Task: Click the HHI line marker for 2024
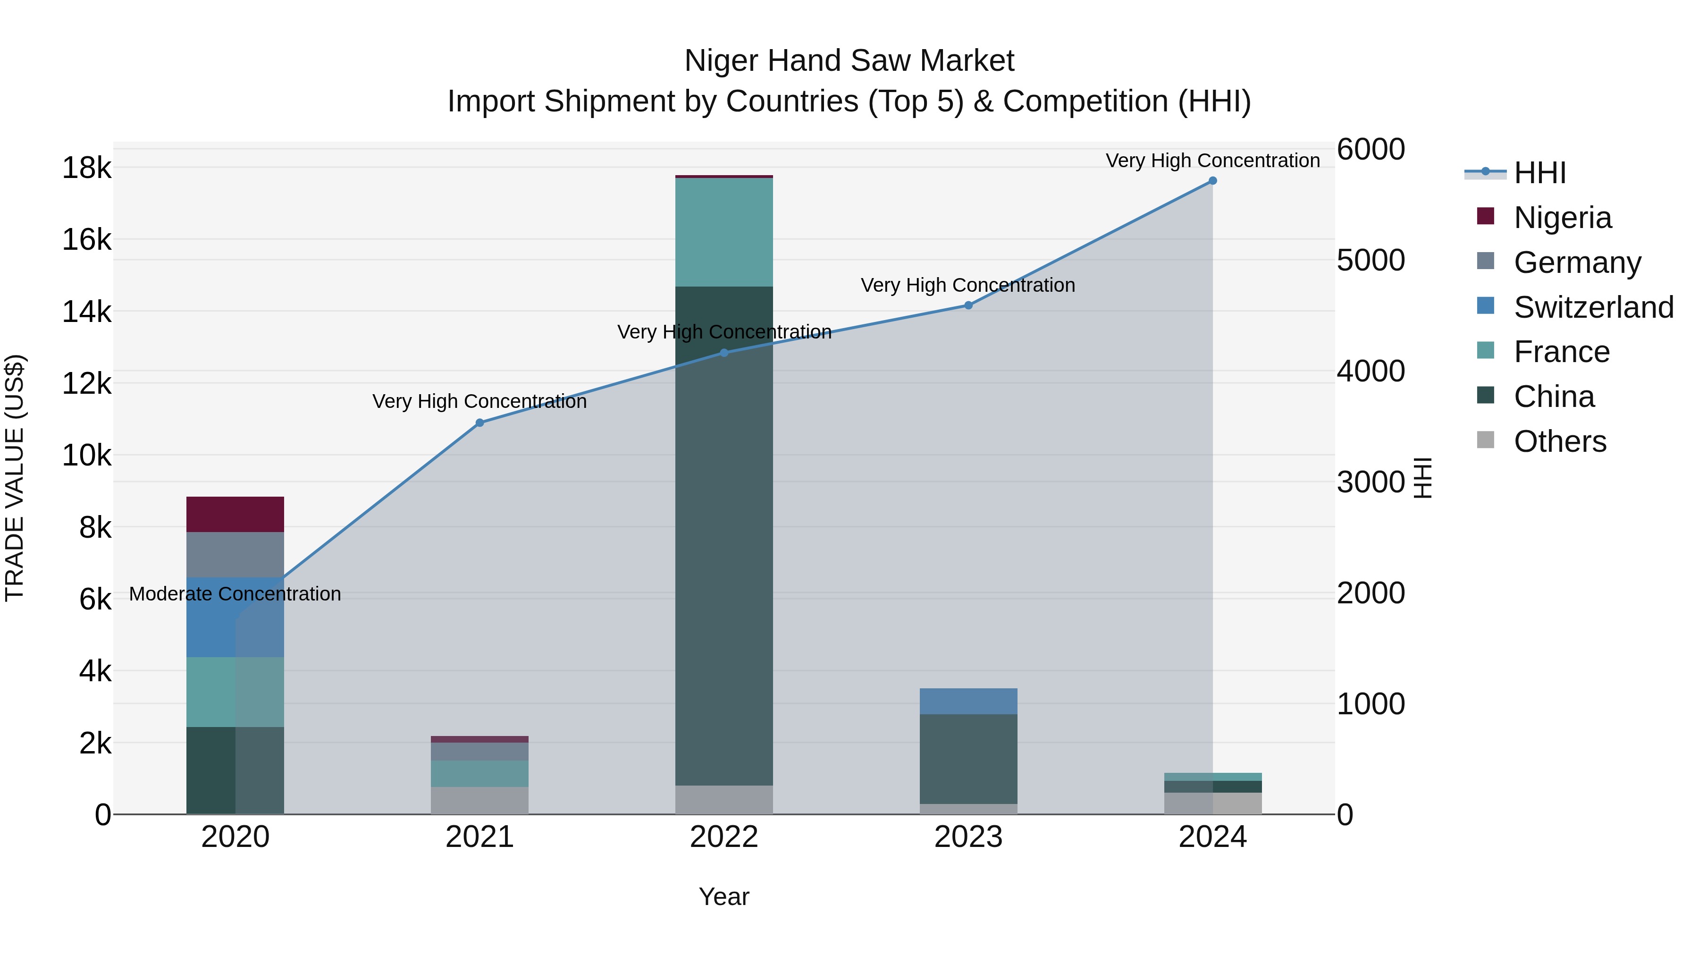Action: tap(1212, 181)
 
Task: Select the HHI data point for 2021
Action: tap(479, 423)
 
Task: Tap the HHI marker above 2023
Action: tap(968, 305)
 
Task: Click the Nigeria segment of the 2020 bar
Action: tap(235, 514)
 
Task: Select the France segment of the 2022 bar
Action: tap(723, 232)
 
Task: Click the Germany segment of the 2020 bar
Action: tap(235, 554)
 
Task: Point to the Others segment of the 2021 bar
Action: tap(479, 800)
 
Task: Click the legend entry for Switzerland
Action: tap(1593, 307)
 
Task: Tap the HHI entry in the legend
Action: tap(1539, 173)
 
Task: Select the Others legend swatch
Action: tap(1485, 440)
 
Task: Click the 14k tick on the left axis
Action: tap(86, 312)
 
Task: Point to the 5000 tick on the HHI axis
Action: tap(1371, 260)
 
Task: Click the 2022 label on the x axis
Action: tap(723, 837)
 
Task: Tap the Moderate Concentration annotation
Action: tap(235, 594)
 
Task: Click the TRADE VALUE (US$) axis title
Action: tap(15, 478)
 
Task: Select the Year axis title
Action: tap(723, 897)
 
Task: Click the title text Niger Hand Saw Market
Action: tap(849, 61)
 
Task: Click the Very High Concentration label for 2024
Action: tap(1212, 161)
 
